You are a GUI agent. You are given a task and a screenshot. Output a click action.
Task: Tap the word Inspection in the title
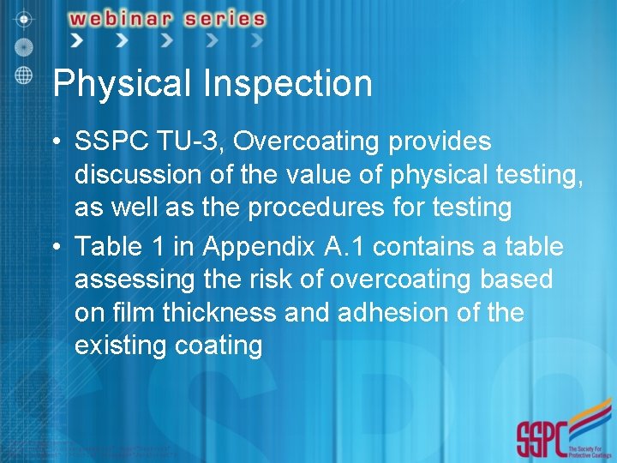288,84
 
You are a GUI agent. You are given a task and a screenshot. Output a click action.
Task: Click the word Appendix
260,247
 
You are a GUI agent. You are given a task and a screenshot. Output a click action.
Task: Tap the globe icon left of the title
24,75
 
